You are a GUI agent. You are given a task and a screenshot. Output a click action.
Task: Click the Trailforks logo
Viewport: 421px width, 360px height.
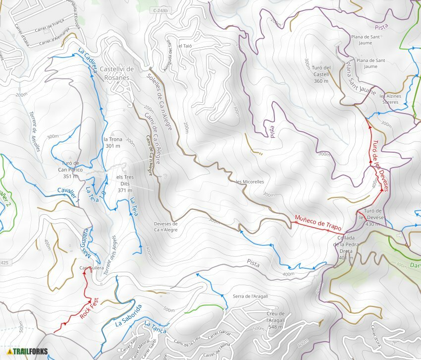tap(27, 352)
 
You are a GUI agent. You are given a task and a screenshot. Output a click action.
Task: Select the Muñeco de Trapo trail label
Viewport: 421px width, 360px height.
tap(318, 223)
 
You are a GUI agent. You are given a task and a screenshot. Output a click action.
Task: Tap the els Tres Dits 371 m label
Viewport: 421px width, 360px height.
tap(124, 183)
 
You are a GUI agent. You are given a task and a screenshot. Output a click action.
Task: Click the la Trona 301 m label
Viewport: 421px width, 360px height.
tap(113, 142)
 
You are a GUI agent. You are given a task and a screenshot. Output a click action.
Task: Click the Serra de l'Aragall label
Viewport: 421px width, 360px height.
tap(250, 296)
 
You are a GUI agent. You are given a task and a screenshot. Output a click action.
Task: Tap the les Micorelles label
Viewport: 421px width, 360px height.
tap(250, 181)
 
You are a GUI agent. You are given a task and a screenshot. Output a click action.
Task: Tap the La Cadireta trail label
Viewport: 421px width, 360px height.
tap(88, 60)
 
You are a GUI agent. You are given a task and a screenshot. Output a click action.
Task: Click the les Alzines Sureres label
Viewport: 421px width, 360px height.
tap(388, 98)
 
